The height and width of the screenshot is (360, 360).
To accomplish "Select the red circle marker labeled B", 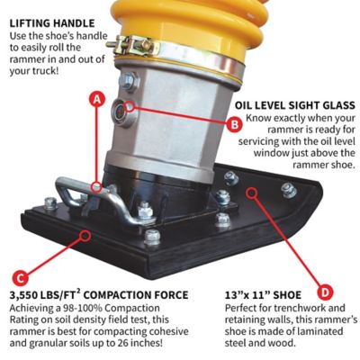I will (234, 125).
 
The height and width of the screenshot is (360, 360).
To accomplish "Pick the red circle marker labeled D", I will (325, 291).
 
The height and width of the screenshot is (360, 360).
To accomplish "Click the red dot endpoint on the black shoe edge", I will (85, 233).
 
